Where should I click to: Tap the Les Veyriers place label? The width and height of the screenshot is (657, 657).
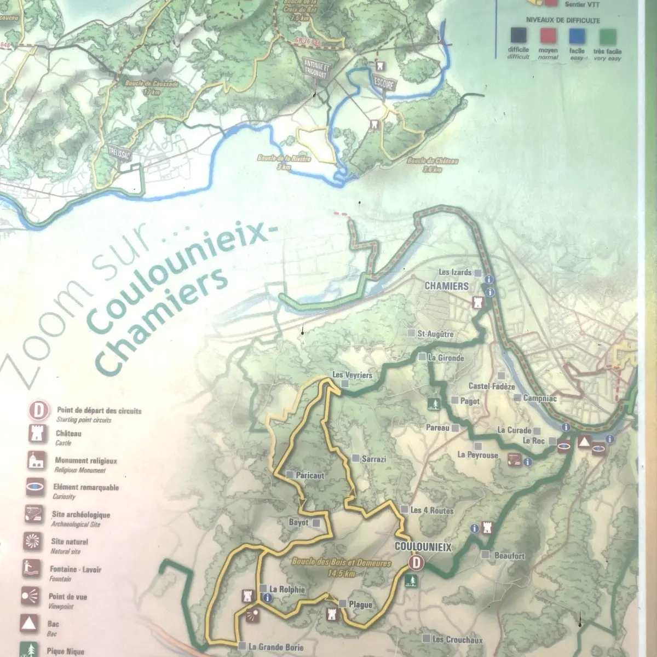(x=352, y=376)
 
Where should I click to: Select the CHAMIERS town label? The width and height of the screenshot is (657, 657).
(x=447, y=286)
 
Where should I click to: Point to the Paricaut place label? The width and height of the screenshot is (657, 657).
(x=309, y=475)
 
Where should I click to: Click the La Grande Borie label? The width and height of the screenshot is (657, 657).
(x=276, y=647)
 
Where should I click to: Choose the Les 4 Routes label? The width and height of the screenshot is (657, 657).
(x=432, y=510)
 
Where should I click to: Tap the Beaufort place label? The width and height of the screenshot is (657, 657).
(x=509, y=556)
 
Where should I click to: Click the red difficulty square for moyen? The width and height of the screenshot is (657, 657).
(x=548, y=37)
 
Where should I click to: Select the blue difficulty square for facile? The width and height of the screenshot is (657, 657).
(x=577, y=37)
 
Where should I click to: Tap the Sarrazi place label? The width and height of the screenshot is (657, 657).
(x=374, y=459)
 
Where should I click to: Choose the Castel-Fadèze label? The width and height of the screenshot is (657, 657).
(x=491, y=387)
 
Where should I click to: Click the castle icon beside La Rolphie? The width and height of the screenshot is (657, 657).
(x=248, y=595)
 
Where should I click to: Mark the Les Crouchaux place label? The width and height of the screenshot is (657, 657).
(x=457, y=639)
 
